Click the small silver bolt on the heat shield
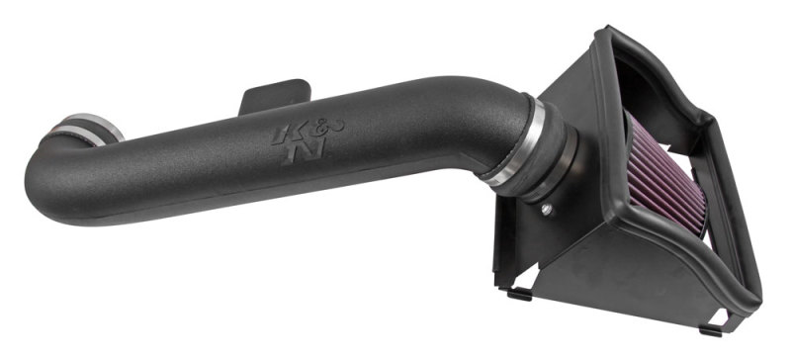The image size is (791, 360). (547, 209)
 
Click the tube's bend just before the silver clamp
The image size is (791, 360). (475, 119)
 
